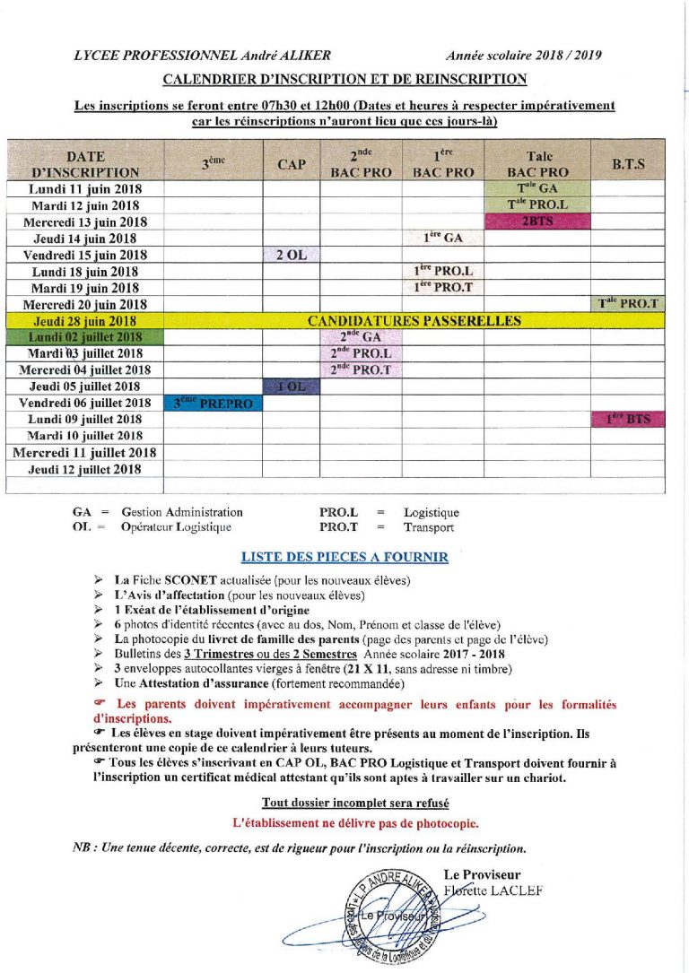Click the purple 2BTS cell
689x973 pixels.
pyautogui.click(x=537, y=222)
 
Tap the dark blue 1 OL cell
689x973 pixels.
pyautogui.click(x=292, y=386)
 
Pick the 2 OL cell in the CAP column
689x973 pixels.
pyautogui.click(x=292, y=255)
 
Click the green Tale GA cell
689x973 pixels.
pyautogui.click(x=537, y=188)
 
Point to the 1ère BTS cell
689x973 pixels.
pyautogui.click(x=627, y=419)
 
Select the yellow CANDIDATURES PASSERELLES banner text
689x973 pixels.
pyautogui.click(x=414, y=320)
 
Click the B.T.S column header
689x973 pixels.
pyautogui.click(x=627, y=164)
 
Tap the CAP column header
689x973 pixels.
pyautogui.click(x=292, y=164)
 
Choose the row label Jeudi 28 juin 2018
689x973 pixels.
pyautogui.click(x=84, y=320)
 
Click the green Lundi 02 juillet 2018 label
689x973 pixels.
pyautogui.click(x=84, y=337)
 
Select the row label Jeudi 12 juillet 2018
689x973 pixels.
pyautogui.click(x=84, y=468)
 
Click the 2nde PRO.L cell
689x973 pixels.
pyautogui.click(x=361, y=353)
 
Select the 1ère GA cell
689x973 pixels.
pyautogui.click(x=443, y=239)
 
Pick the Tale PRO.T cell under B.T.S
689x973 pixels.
pyautogui.click(x=627, y=304)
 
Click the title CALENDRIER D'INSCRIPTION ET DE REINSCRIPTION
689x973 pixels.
pyautogui.click(x=344, y=81)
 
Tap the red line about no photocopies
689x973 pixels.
pyautogui.click(x=355, y=821)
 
